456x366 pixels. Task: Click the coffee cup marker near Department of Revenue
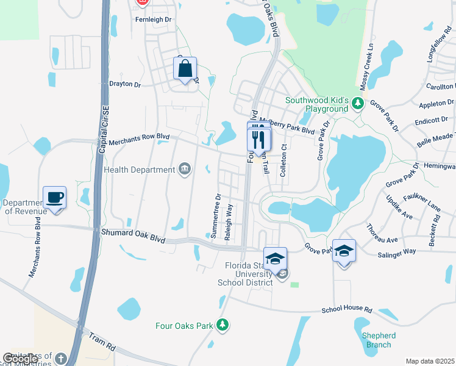[55, 198]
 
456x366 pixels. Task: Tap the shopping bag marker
[185, 68]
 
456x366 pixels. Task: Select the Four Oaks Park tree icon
[224, 325]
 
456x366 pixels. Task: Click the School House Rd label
[347, 310]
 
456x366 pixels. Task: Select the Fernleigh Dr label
[154, 19]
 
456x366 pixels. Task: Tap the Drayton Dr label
[124, 84]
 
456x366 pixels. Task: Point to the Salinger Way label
[397, 251]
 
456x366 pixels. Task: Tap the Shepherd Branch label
[379, 340]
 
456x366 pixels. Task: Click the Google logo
[21, 359]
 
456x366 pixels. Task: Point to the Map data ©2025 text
[430, 361]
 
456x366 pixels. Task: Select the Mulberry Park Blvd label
[287, 126]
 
